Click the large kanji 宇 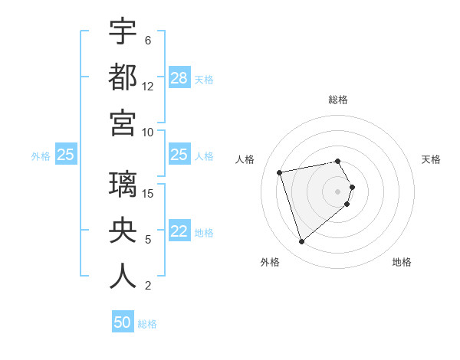coord(123,32)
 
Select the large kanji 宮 coord(123,123)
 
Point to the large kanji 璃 coord(123,186)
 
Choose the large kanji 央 coord(123,231)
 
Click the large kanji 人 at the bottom coord(123,277)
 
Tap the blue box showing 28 coord(179,77)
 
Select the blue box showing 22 coord(179,232)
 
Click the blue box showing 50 coord(123,322)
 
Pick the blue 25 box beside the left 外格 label coord(66,155)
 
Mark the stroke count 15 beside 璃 coord(149,193)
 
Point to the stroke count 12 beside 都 coord(148,86)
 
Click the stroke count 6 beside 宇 coord(147,40)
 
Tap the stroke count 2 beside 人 coord(147,286)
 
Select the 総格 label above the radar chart coord(338,100)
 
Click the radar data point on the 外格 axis coord(302,241)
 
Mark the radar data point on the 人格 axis coord(280,172)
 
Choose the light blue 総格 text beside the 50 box coord(147,324)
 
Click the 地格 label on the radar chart coord(402,262)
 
